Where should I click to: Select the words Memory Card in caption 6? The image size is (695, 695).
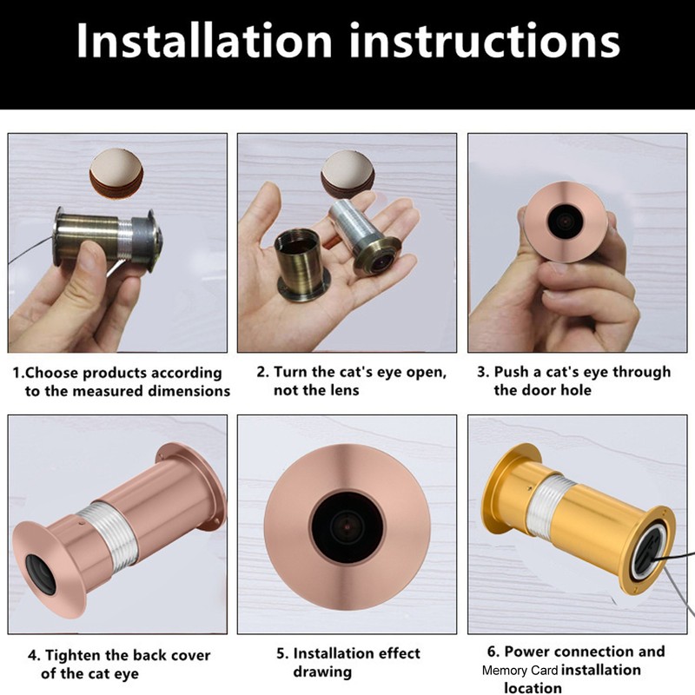pos(520,671)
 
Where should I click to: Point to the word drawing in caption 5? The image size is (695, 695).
pos(322,672)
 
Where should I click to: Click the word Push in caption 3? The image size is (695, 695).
pos(510,372)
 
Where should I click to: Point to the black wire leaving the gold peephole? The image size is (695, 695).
pos(673,574)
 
